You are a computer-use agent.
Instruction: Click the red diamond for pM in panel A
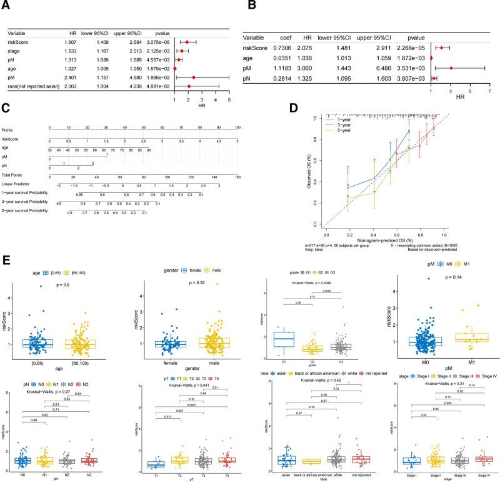tap(193, 77)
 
